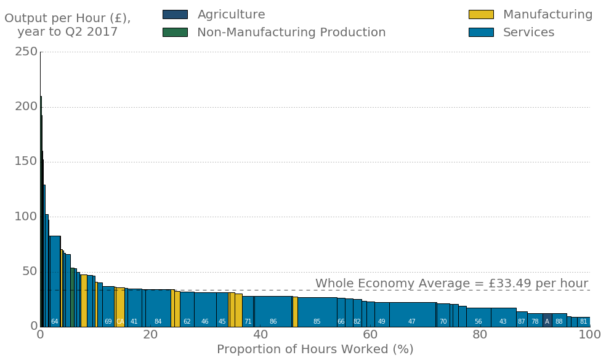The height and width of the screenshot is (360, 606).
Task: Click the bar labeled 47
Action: tap(412, 314)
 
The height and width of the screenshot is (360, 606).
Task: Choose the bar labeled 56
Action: tap(479, 317)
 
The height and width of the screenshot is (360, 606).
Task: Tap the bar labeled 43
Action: tap(503, 317)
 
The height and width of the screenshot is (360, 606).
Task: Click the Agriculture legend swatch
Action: tap(175, 14)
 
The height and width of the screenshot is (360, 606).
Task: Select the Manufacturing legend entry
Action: tap(530, 14)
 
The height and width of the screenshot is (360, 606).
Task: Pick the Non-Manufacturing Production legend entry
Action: tap(274, 33)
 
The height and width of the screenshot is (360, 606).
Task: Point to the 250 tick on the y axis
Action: tap(26, 52)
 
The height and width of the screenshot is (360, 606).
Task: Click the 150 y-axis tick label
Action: tap(26, 162)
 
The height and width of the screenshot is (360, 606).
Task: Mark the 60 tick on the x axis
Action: tap(370, 334)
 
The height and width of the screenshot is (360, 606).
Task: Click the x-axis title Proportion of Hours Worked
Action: tap(315, 349)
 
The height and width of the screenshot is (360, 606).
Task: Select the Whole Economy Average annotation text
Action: tap(451, 283)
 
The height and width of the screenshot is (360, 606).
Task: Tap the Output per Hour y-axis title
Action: tap(68, 25)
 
